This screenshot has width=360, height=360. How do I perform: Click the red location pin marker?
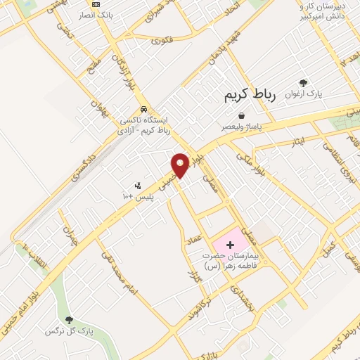(x=181, y=165)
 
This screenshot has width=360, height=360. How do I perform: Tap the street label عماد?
(x=193, y=241)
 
